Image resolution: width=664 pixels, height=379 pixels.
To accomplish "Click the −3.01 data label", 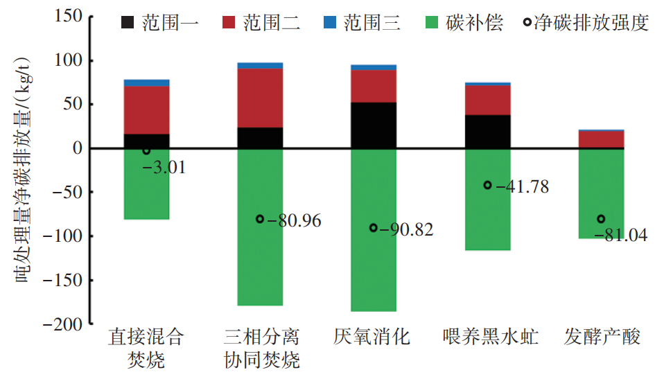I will point(164,168).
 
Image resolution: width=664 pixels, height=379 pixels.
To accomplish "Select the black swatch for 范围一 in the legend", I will point(128,22).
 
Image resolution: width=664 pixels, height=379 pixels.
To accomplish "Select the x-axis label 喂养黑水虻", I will point(487,337).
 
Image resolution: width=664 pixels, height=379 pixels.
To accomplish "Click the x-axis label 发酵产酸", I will point(602,337).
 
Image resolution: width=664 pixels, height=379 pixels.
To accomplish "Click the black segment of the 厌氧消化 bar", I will point(374,125).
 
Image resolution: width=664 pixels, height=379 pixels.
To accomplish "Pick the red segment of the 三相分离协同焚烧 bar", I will point(260,98).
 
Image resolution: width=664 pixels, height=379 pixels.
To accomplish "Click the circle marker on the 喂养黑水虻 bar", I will point(487,185).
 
